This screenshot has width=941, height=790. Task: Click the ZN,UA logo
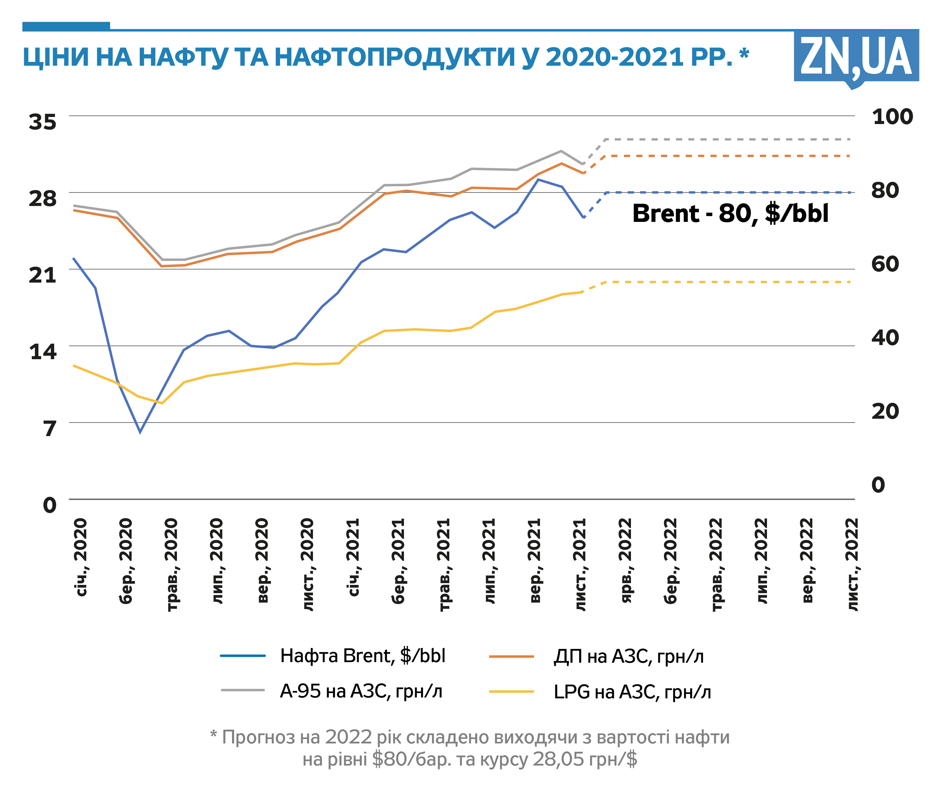coord(856,57)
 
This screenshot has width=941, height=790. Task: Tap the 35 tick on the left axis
coord(43,122)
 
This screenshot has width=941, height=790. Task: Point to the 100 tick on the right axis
coord(892,117)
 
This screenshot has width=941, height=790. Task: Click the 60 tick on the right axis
coord(885,264)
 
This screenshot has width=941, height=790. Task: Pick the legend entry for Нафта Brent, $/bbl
coord(362,656)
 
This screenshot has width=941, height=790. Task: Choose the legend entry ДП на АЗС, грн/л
coord(628,657)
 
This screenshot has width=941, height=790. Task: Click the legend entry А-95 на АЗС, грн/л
coord(361,691)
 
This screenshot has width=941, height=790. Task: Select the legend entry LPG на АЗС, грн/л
coord(632,692)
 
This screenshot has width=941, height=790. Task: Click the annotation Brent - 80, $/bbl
coord(730,213)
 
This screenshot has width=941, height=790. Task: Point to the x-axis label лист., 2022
coord(853,564)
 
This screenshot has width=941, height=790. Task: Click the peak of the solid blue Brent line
coord(538,180)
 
